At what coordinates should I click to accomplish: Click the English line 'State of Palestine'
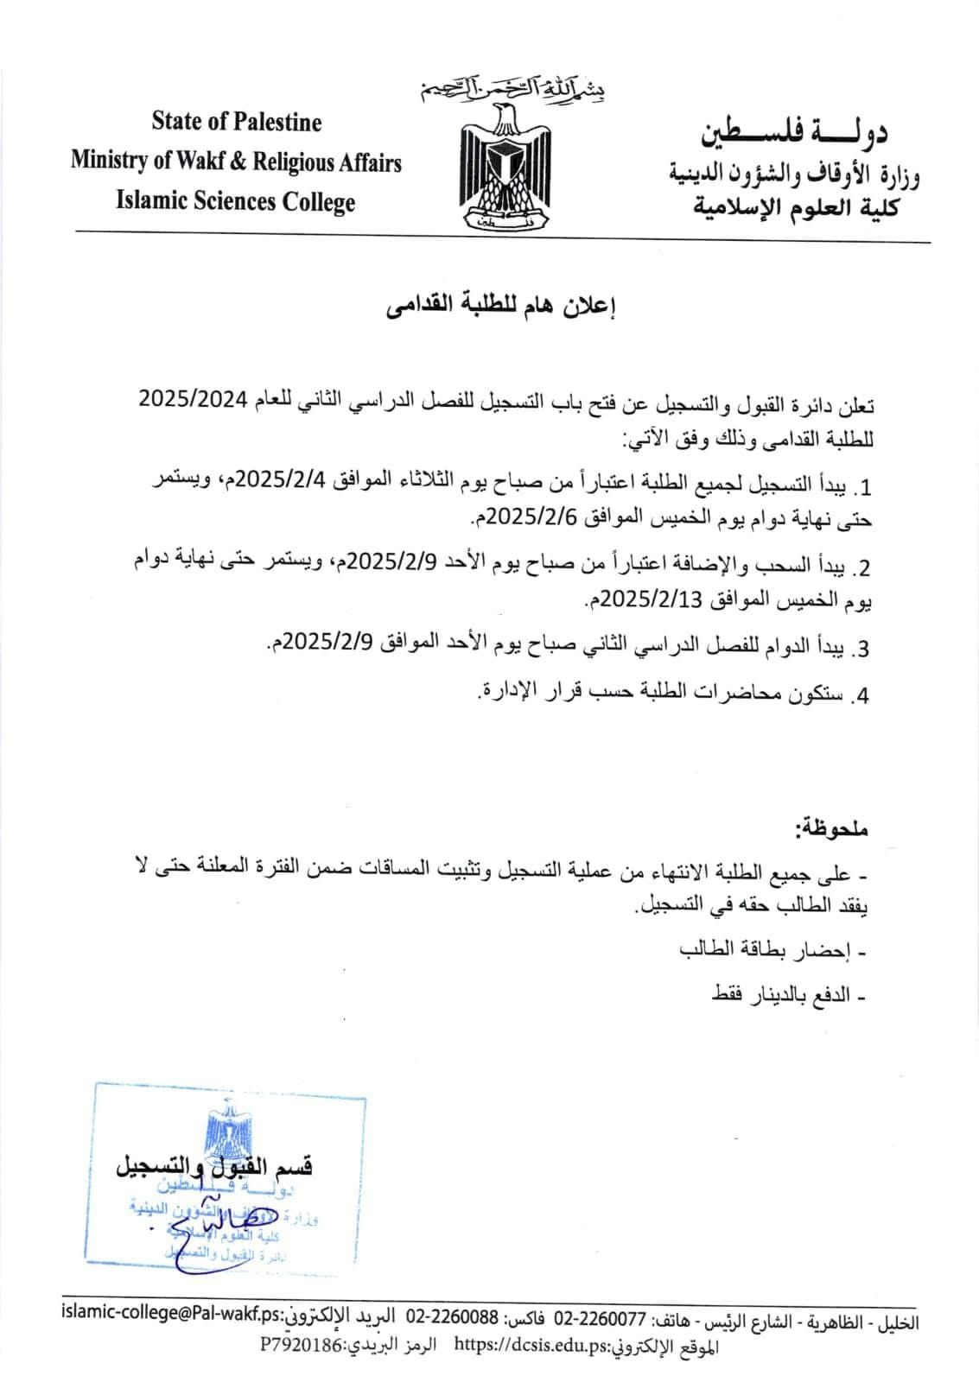point(236,122)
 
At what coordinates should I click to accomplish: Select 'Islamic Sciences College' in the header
point(236,202)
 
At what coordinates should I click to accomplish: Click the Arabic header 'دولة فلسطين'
point(795,130)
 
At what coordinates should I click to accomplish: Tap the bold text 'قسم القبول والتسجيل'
point(214,1167)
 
